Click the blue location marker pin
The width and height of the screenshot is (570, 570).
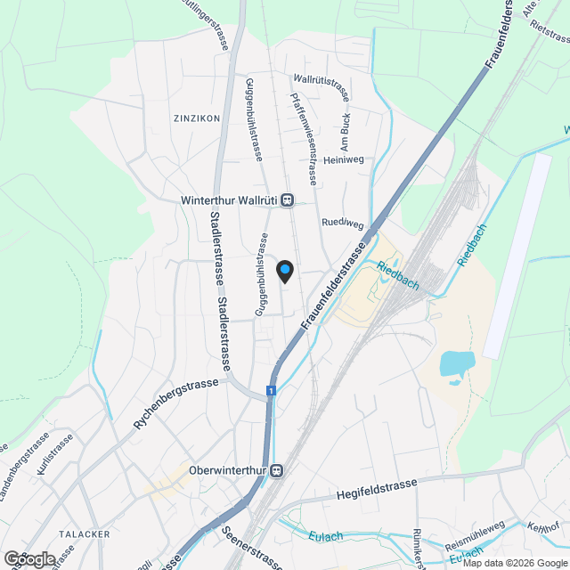point(285,269)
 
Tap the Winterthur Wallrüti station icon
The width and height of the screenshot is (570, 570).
point(287,200)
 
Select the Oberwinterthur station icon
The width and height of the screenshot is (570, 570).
point(278,470)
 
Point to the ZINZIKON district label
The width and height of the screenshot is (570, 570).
point(197,118)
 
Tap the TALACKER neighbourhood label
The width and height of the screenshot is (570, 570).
point(84,533)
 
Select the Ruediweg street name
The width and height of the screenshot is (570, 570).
point(343,223)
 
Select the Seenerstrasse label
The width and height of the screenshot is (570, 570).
point(248,545)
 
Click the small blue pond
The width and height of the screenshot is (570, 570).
point(456,364)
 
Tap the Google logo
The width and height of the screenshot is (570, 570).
point(29,559)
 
